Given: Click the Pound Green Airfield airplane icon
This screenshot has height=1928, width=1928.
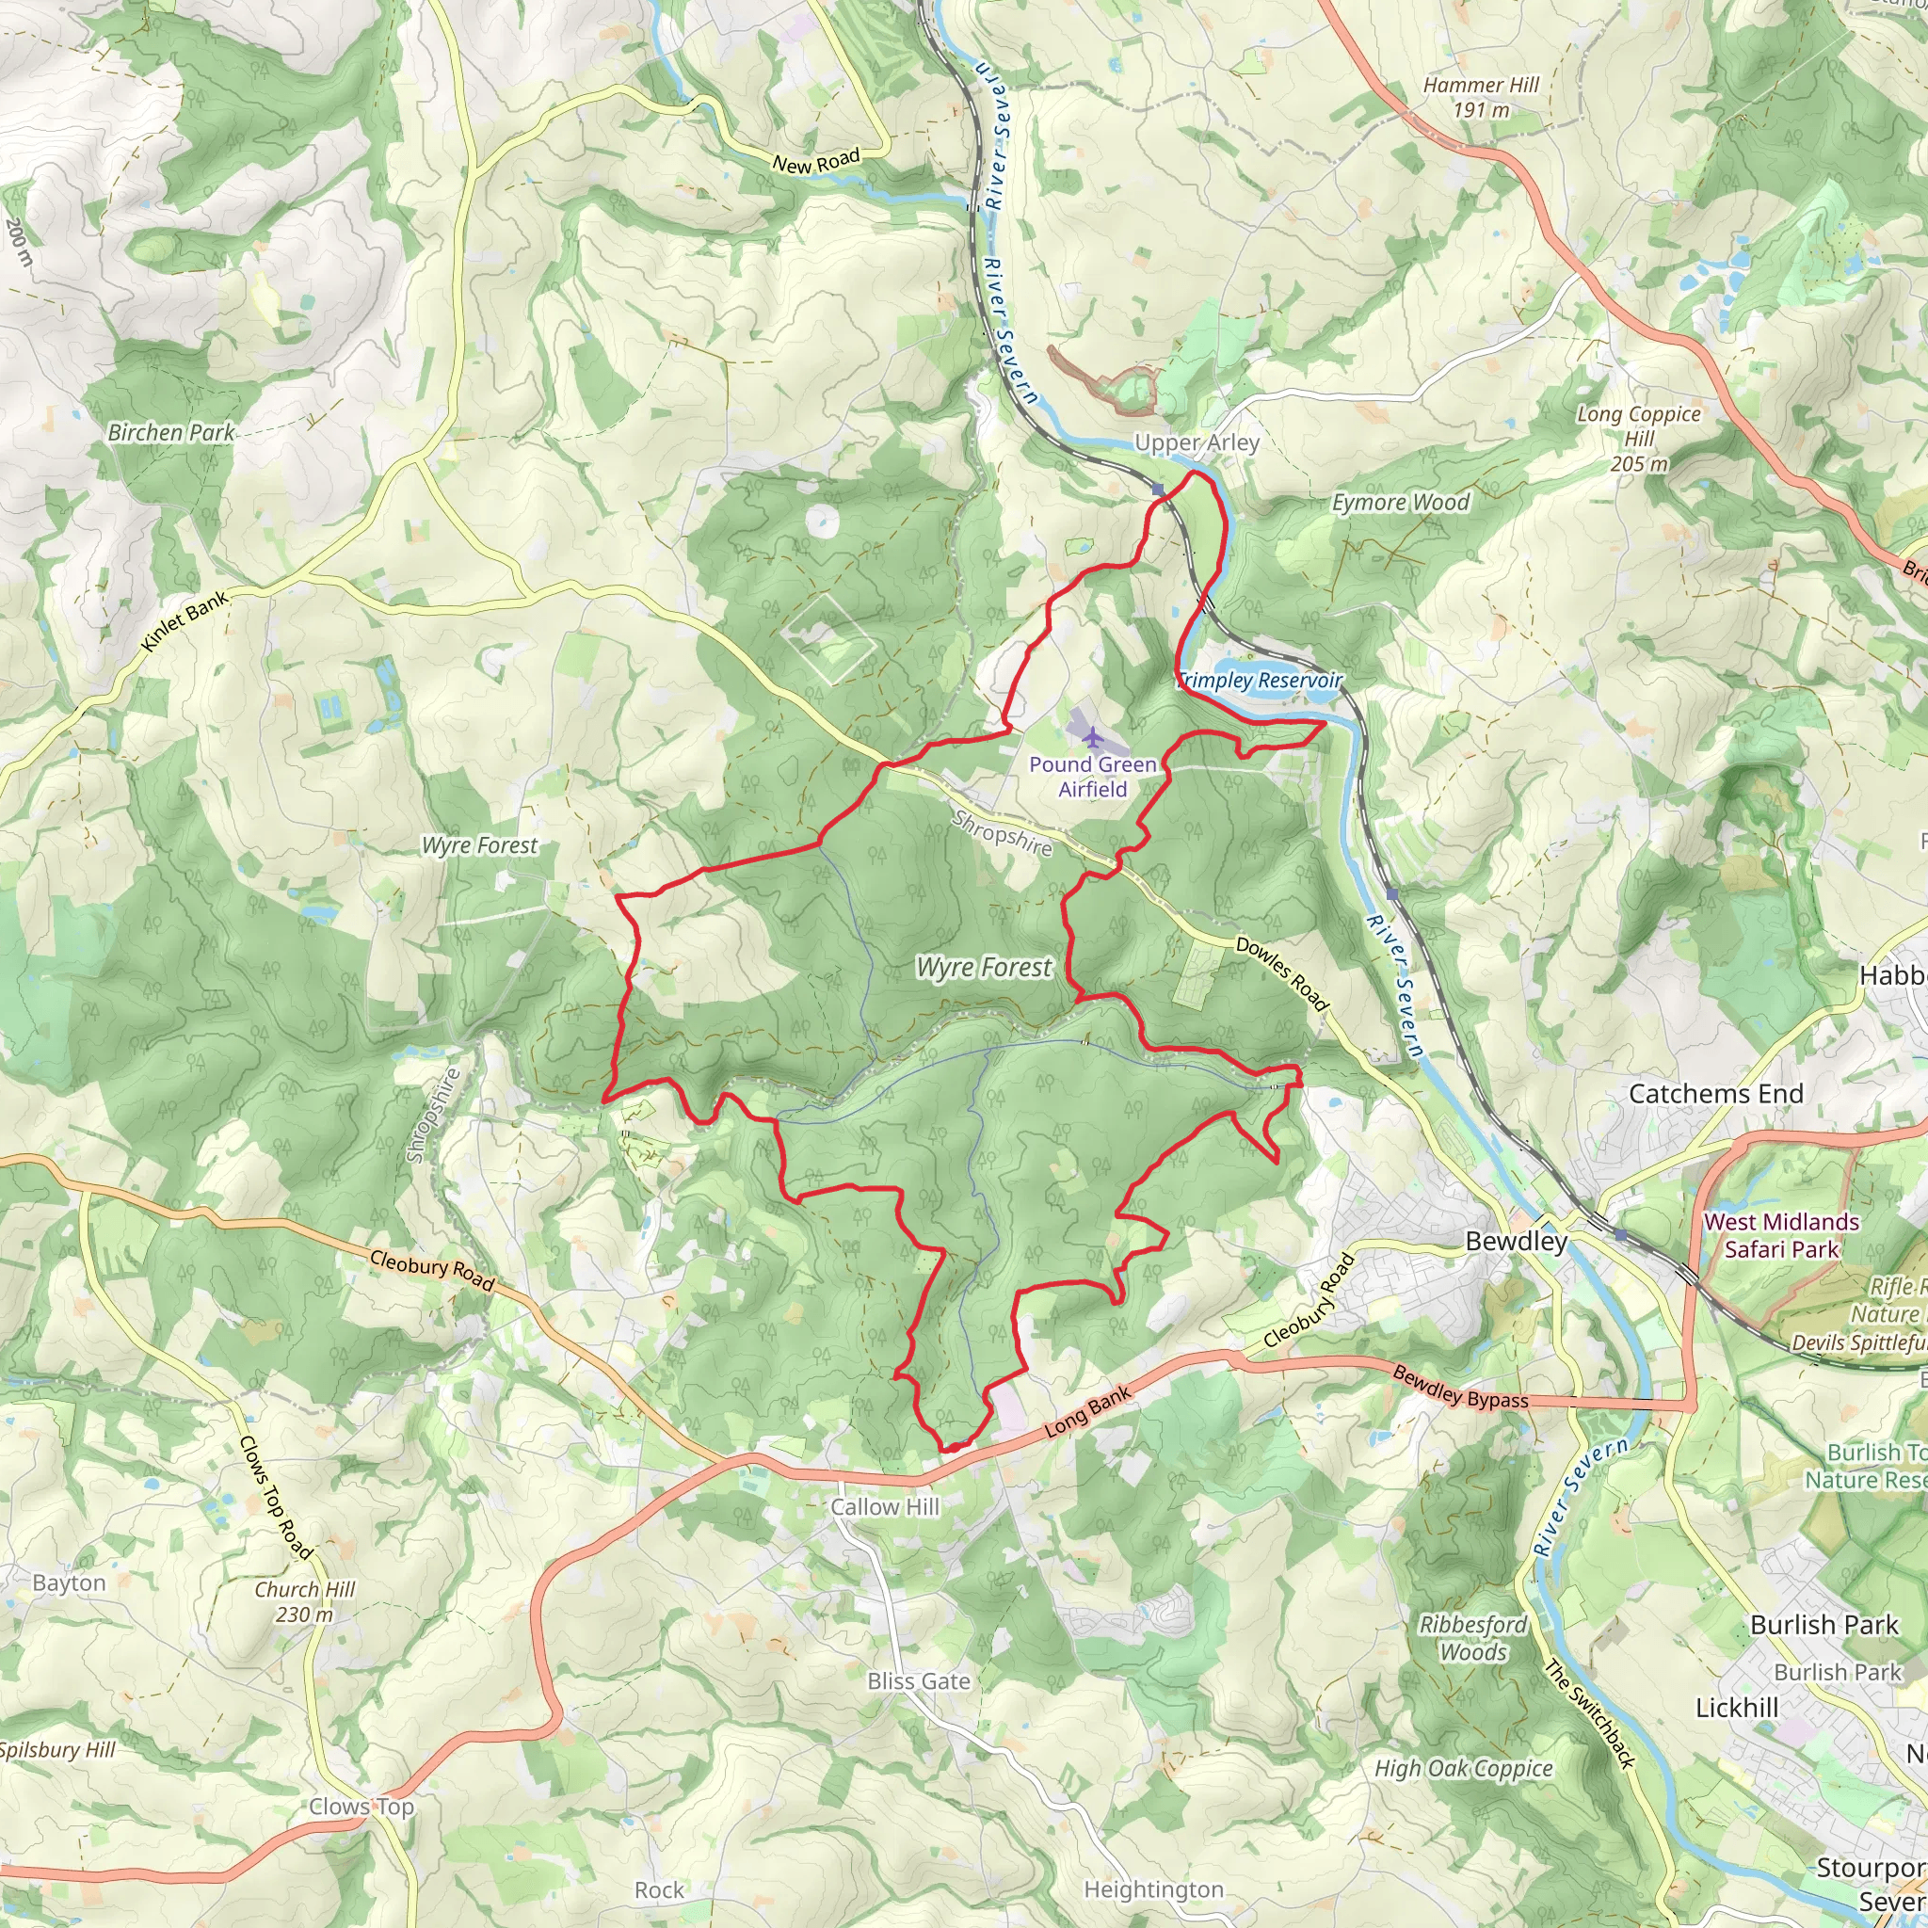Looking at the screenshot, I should [x=1094, y=737].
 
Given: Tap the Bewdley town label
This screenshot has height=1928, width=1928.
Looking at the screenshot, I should [x=1516, y=1242].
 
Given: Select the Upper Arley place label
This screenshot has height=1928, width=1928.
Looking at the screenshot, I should [x=1197, y=442].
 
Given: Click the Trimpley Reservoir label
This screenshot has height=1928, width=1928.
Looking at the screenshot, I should [x=1260, y=681].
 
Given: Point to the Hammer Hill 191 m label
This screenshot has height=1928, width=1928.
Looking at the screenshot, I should [x=1481, y=98].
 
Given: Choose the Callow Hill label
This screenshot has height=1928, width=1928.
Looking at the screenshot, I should [x=885, y=1507].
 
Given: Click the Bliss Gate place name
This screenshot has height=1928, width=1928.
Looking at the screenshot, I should [x=918, y=1681].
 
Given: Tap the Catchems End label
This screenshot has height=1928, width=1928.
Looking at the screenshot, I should [x=1715, y=1094].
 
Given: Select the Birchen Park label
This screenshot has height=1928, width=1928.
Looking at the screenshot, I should [x=170, y=432].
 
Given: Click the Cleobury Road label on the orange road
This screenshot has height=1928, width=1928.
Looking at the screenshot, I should [x=432, y=1270].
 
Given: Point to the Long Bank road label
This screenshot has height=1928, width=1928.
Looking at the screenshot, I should [x=1087, y=1412].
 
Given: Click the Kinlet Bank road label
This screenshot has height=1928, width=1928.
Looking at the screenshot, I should [x=185, y=620].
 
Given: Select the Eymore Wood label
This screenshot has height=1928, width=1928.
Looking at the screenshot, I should [x=1400, y=502].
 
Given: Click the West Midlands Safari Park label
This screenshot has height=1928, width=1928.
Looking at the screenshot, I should [x=1781, y=1235].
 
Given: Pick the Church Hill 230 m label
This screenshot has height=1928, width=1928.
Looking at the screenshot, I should [x=304, y=1601].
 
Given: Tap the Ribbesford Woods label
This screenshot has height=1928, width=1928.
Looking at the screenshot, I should [x=1473, y=1638].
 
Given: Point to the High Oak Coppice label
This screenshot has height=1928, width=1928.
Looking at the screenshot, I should [x=1463, y=1768].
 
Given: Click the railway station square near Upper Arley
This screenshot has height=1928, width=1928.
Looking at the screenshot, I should [x=1158, y=489].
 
